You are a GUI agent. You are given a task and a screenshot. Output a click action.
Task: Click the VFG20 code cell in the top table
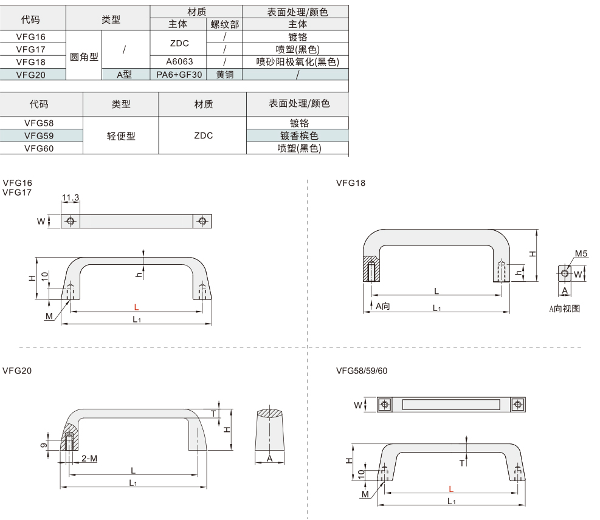pyautogui.click(x=30, y=75)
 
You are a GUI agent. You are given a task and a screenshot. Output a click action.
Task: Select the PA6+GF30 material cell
pyautogui.click(x=179, y=75)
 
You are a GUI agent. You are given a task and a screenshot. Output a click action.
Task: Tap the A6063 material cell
pyautogui.click(x=179, y=61)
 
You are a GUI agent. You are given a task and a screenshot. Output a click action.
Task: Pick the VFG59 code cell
pyautogui.click(x=39, y=135)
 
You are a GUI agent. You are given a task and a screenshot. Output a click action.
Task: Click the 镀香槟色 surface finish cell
pyautogui.click(x=299, y=135)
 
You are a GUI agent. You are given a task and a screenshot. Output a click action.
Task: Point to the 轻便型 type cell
pyautogui.click(x=121, y=135)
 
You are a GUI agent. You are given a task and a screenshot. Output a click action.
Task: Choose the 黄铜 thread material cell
pyautogui.click(x=224, y=75)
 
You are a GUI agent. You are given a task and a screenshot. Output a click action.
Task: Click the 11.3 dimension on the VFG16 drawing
pyautogui.click(x=71, y=197)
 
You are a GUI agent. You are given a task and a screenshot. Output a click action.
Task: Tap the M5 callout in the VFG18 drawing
pyautogui.click(x=581, y=253)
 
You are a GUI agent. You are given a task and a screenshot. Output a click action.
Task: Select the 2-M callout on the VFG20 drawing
pyautogui.click(x=89, y=458)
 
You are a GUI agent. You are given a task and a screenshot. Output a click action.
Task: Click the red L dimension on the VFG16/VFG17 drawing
pyautogui.click(x=136, y=307)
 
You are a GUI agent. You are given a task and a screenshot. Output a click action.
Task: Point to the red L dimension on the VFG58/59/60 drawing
pyautogui.click(x=451, y=489)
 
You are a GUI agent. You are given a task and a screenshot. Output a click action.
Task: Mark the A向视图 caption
pyautogui.click(x=564, y=309)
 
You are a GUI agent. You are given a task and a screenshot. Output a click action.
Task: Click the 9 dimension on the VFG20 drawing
pyautogui.click(x=44, y=445)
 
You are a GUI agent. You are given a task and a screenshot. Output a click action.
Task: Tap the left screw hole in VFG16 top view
pyautogui.click(x=71, y=221)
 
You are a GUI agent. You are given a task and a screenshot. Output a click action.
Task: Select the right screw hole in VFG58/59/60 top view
pyautogui.click(x=518, y=405)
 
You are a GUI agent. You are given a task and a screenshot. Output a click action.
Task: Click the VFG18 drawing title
pyautogui.click(x=351, y=183)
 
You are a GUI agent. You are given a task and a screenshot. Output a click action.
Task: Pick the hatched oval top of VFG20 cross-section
pyautogui.click(x=270, y=413)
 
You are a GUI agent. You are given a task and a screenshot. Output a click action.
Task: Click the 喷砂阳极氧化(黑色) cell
pyautogui.click(x=297, y=61)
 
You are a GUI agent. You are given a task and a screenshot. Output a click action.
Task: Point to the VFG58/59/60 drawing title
pyautogui.click(x=362, y=371)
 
